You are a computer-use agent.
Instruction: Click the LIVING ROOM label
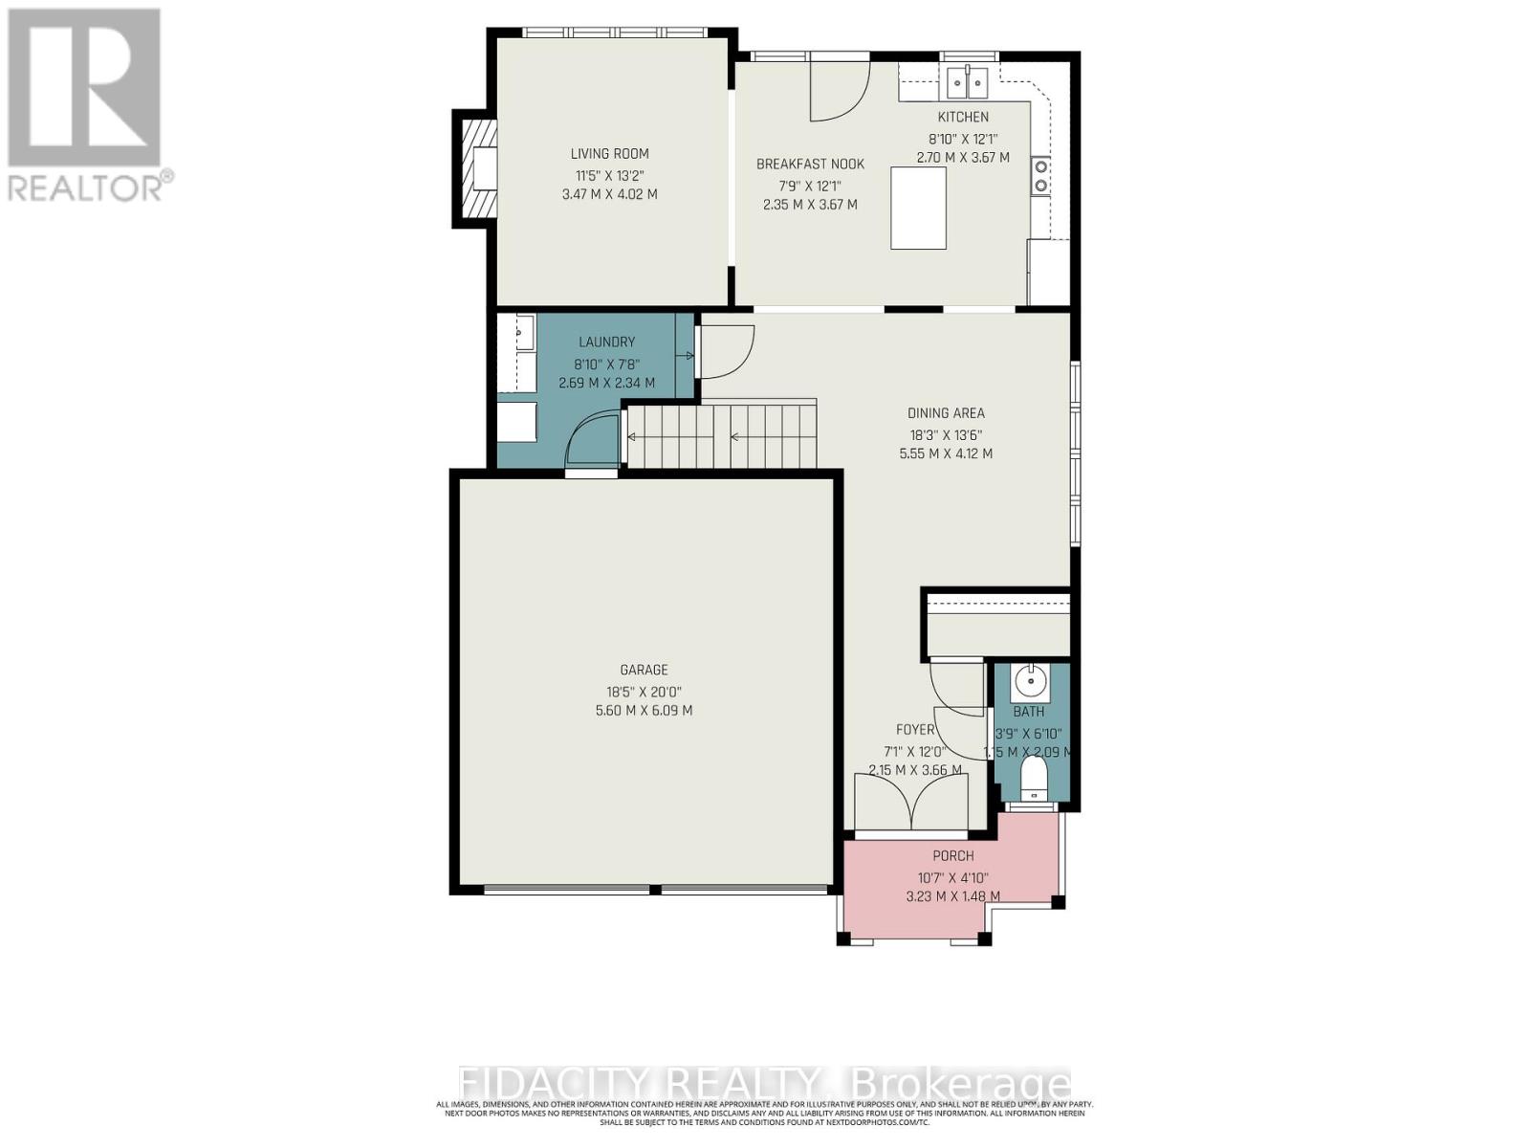pos(609,153)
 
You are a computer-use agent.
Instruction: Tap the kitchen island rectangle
pos(918,208)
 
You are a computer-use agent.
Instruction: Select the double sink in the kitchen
pos(967,83)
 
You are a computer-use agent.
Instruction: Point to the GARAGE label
pos(644,670)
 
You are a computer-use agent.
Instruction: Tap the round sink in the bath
pos(1030,682)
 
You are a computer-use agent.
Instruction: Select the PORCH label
pos(952,856)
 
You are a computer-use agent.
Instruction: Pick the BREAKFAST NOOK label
pos(810,165)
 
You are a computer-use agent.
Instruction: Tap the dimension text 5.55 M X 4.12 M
pos(945,453)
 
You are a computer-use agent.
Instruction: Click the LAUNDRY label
pos(606,342)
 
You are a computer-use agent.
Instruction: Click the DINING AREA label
pos(945,413)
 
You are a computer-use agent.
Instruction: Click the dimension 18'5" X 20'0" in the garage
pos(644,691)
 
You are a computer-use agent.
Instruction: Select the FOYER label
pos(915,730)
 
